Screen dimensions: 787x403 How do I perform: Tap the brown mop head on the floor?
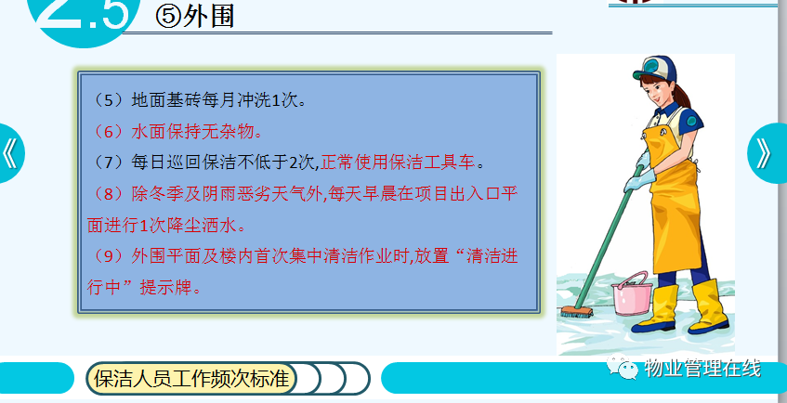point(576,312)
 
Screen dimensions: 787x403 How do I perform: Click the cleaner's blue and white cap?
point(654,69)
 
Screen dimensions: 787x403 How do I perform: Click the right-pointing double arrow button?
point(767,153)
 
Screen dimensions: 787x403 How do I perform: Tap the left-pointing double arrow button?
point(11,153)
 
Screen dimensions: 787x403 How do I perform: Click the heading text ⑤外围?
point(195,17)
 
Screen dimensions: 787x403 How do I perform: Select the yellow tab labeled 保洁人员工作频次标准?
point(191,378)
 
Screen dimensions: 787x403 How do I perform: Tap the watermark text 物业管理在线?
point(702,368)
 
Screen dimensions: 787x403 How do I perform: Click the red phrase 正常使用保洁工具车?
point(398,162)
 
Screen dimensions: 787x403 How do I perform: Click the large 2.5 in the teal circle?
point(85,14)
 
